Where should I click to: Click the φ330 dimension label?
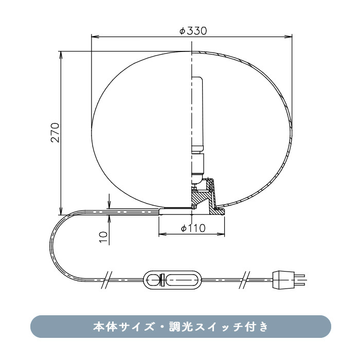(193, 31)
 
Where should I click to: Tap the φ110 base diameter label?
(193, 228)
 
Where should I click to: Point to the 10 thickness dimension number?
(103, 236)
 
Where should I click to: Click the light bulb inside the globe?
(197, 113)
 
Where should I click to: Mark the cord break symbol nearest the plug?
(245, 280)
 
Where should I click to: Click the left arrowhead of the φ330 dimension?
(94, 37)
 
